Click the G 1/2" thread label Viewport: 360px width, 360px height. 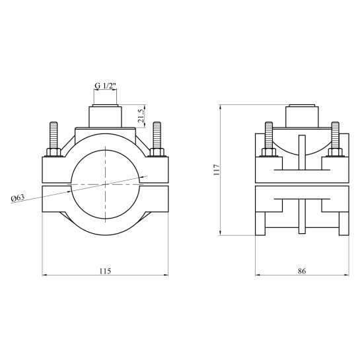tap(106, 86)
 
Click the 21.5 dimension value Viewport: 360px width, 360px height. tap(141, 116)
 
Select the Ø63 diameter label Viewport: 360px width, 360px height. tap(18, 198)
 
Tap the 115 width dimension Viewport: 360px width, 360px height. tap(105, 271)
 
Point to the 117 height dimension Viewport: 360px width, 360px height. tap(216, 170)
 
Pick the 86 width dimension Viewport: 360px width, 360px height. tap(302, 271)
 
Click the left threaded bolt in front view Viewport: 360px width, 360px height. tap(54, 135)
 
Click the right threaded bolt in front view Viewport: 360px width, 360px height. tap(157, 135)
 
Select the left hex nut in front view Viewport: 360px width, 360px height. tap(54, 152)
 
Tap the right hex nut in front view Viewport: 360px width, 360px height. tap(157, 152)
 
